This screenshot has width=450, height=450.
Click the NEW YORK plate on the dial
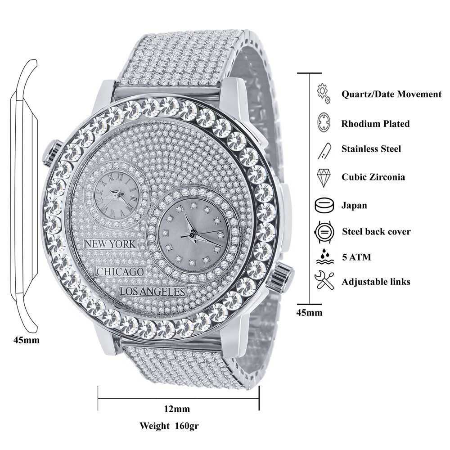110,244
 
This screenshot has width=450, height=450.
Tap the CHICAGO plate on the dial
121,272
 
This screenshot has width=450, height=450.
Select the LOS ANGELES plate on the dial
153,291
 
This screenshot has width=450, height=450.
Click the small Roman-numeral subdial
115,194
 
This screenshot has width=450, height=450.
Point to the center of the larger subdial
192,234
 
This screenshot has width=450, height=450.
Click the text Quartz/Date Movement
391,94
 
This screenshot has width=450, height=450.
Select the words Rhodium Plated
375,123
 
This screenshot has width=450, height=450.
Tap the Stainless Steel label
371,149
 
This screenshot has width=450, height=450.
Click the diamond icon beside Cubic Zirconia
324,177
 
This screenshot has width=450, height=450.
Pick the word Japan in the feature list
354,205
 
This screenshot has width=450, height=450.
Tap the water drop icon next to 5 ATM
324,257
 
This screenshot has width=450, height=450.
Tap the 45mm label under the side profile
27,340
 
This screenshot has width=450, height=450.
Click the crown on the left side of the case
51,153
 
